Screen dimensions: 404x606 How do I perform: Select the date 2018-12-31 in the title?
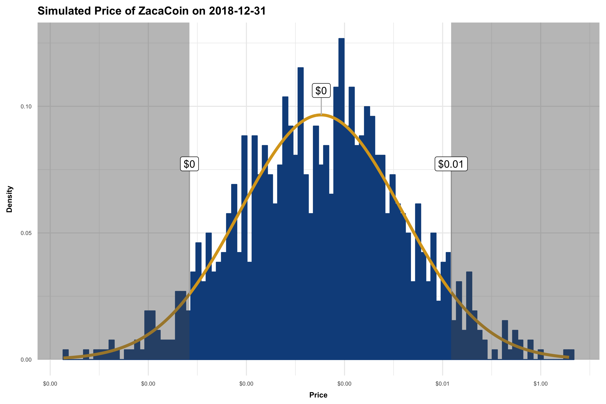point(237,11)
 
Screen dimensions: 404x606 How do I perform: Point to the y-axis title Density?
point(9,199)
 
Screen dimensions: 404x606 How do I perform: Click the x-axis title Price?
point(318,395)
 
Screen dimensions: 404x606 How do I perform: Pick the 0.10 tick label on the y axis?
point(26,106)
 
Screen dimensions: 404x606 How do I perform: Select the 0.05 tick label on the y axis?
point(26,233)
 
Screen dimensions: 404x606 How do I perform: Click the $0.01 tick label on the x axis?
point(442,384)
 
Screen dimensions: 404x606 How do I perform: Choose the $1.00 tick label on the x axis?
point(540,384)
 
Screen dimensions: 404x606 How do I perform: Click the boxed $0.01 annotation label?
point(451,164)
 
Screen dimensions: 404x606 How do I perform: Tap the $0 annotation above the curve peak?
point(321,90)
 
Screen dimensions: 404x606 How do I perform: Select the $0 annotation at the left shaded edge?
point(189,164)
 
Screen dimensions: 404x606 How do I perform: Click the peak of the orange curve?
point(321,115)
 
